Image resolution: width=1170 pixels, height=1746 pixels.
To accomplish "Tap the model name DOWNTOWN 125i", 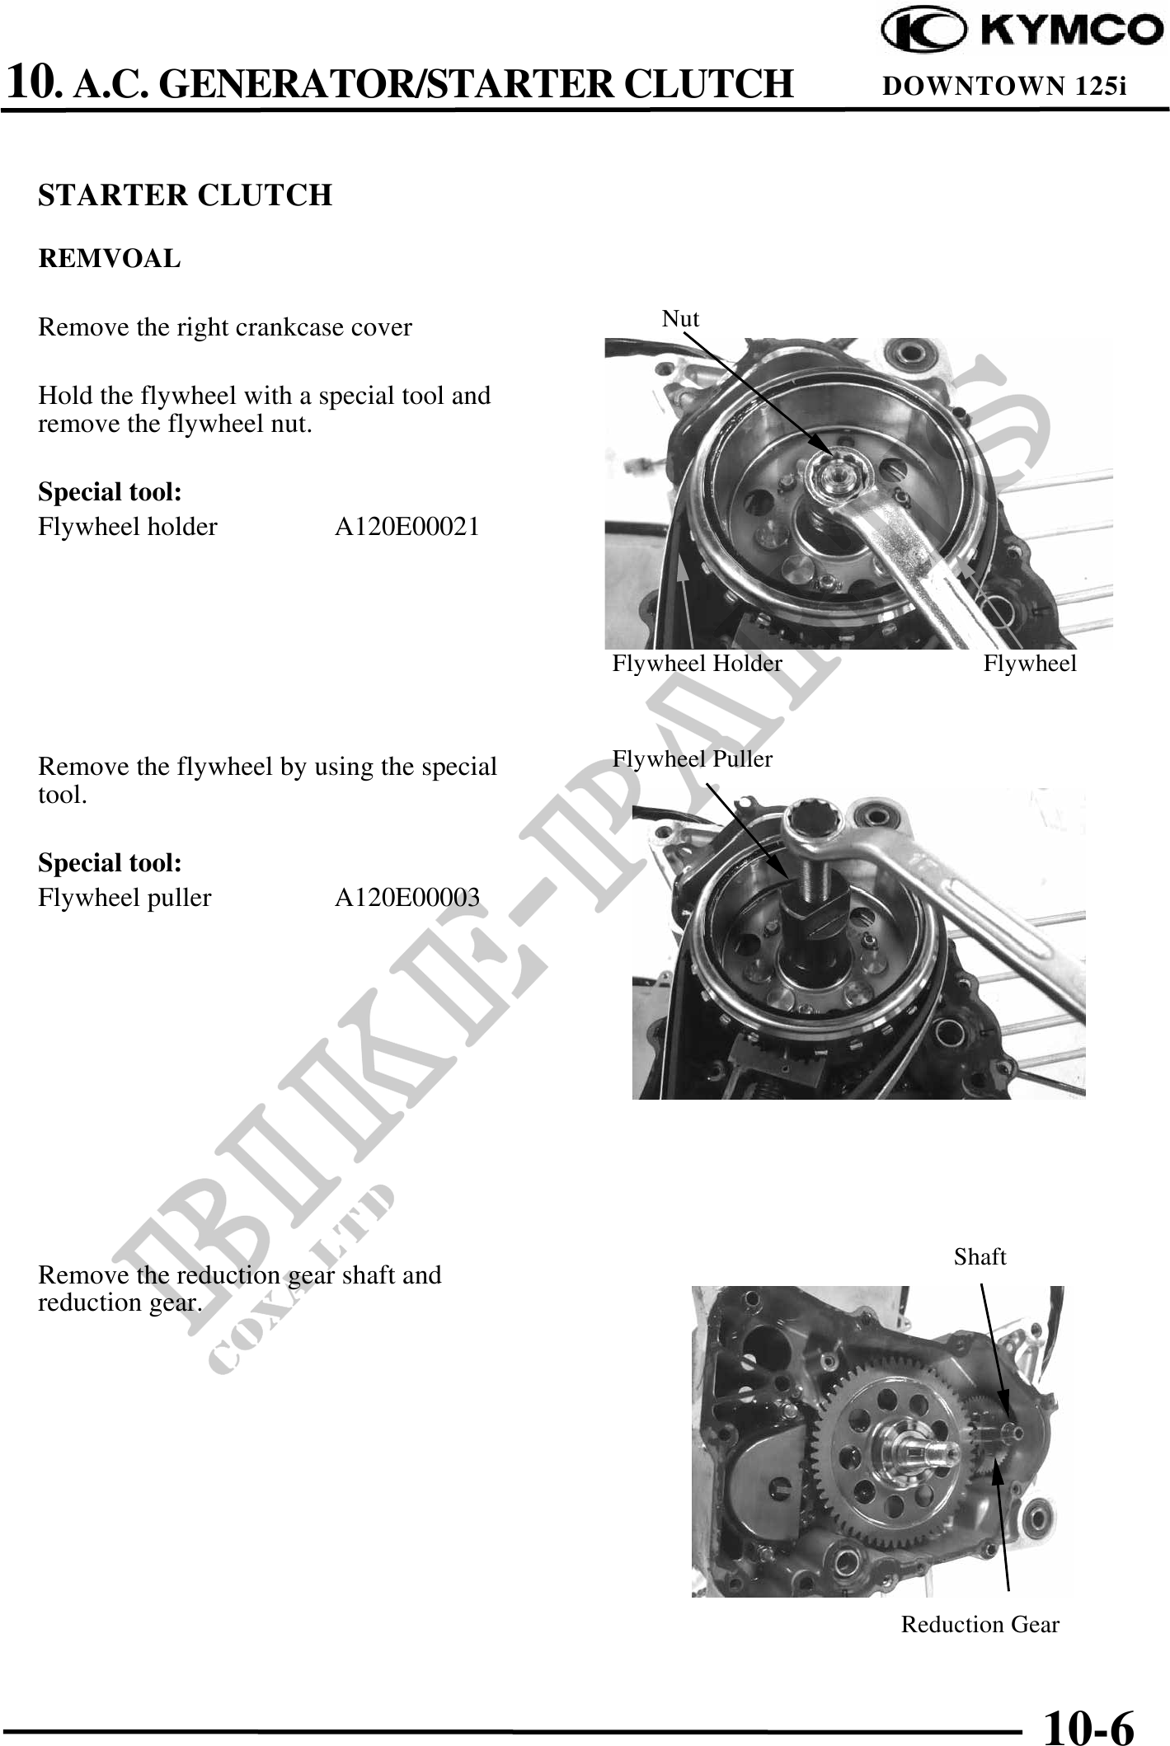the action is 1004,86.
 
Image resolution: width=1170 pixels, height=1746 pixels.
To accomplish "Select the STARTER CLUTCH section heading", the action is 186,195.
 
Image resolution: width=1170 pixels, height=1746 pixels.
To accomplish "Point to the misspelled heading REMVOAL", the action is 109,259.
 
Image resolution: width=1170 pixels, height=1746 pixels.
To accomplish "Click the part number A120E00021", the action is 407,527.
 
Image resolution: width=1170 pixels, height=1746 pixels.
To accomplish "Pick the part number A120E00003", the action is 407,898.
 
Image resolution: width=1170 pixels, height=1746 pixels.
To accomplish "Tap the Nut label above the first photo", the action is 680,319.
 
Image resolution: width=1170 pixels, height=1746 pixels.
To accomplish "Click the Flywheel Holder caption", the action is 697,664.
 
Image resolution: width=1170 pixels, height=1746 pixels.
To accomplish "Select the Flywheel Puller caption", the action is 693,759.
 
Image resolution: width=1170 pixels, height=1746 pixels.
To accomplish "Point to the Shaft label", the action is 980,1257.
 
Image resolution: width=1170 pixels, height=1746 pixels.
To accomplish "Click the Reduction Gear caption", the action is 980,1625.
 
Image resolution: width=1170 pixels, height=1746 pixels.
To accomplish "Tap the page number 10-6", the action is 1089,1723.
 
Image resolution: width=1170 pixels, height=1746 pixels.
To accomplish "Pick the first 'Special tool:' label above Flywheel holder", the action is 110,493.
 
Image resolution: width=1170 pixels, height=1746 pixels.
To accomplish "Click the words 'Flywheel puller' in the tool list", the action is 125,898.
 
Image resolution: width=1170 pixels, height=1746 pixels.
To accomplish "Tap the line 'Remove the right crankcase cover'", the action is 225,328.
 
